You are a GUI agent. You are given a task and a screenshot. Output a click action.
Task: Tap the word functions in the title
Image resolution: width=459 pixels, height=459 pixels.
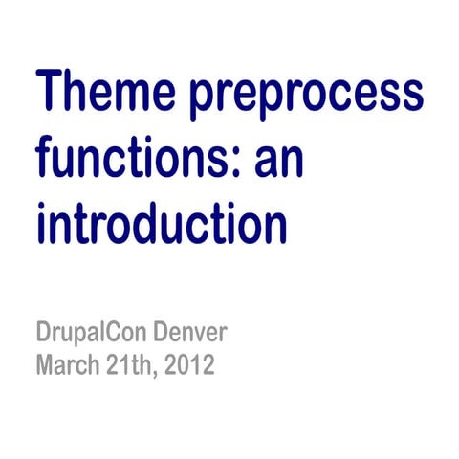pos(134,162)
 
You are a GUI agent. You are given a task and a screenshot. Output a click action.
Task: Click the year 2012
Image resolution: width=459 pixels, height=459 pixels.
pos(191,365)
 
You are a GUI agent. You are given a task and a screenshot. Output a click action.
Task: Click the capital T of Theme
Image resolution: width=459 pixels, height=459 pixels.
pos(52,94)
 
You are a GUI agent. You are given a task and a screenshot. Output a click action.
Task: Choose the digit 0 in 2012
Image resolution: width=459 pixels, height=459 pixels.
pos(185,365)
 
